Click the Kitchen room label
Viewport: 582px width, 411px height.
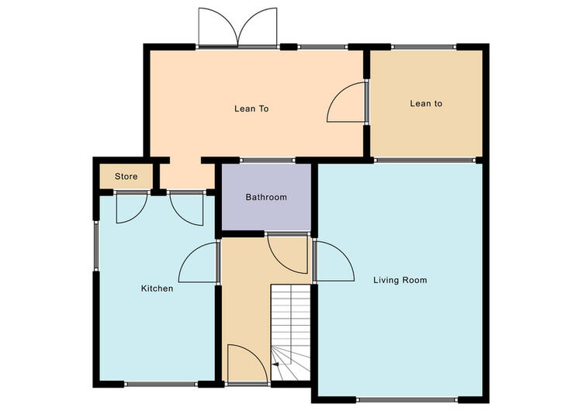(157, 288)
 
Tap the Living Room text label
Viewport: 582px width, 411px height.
(400, 280)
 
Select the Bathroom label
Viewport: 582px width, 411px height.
(266, 197)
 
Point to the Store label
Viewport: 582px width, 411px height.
(126, 176)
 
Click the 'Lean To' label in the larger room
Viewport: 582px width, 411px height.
(251, 109)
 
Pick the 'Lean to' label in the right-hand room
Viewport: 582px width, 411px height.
(426, 103)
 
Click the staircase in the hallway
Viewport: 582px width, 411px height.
(291, 333)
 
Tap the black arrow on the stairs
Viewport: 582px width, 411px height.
(275, 364)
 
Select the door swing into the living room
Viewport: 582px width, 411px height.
(334, 261)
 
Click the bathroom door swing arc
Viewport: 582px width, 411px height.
(288, 254)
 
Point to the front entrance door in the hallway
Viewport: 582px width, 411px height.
(248, 363)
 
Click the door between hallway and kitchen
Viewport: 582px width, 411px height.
(199, 263)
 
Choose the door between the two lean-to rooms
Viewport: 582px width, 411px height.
(346, 102)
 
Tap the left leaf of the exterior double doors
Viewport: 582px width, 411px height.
(218, 26)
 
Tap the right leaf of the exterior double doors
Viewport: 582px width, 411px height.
(258, 26)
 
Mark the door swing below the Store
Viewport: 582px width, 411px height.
(132, 208)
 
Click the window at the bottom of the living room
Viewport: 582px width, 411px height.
(407, 400)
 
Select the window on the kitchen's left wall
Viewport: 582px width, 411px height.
(95, 246)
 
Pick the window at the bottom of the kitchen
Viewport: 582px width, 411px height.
(161, 385)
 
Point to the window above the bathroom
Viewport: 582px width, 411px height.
(268, 161)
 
